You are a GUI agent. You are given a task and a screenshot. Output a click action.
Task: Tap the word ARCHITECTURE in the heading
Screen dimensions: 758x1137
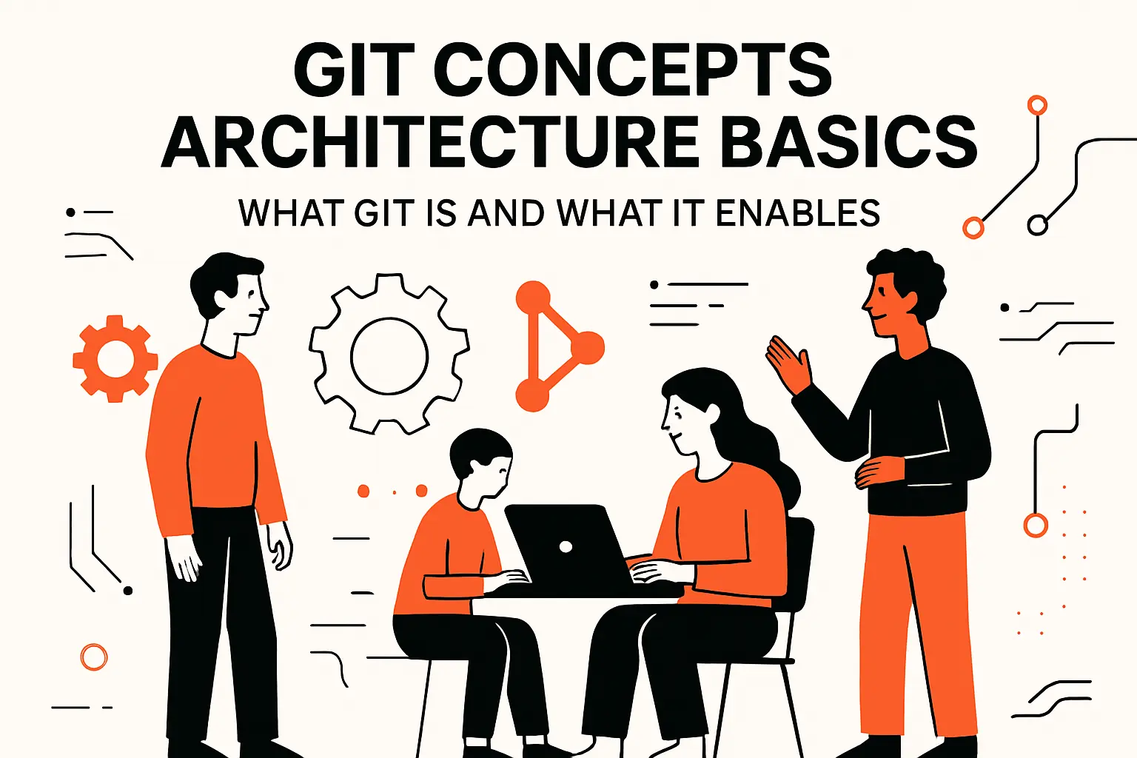click(x=430, y=142)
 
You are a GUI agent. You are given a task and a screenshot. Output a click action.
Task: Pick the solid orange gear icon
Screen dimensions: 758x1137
click(x=115, y=359)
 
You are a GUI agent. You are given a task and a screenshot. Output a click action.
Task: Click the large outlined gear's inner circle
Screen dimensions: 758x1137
click(x=389, y=356)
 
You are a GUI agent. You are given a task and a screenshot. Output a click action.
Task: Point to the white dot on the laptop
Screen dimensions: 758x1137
click(x=566, y=547)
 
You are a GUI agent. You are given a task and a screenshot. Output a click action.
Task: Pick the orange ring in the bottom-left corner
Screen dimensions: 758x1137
click(x=94, y=657)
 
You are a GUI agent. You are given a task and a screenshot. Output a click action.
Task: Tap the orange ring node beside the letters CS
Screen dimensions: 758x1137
click(x=1037, y=105)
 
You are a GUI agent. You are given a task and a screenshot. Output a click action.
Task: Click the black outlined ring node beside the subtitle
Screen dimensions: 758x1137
click(x=1038, y=224)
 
